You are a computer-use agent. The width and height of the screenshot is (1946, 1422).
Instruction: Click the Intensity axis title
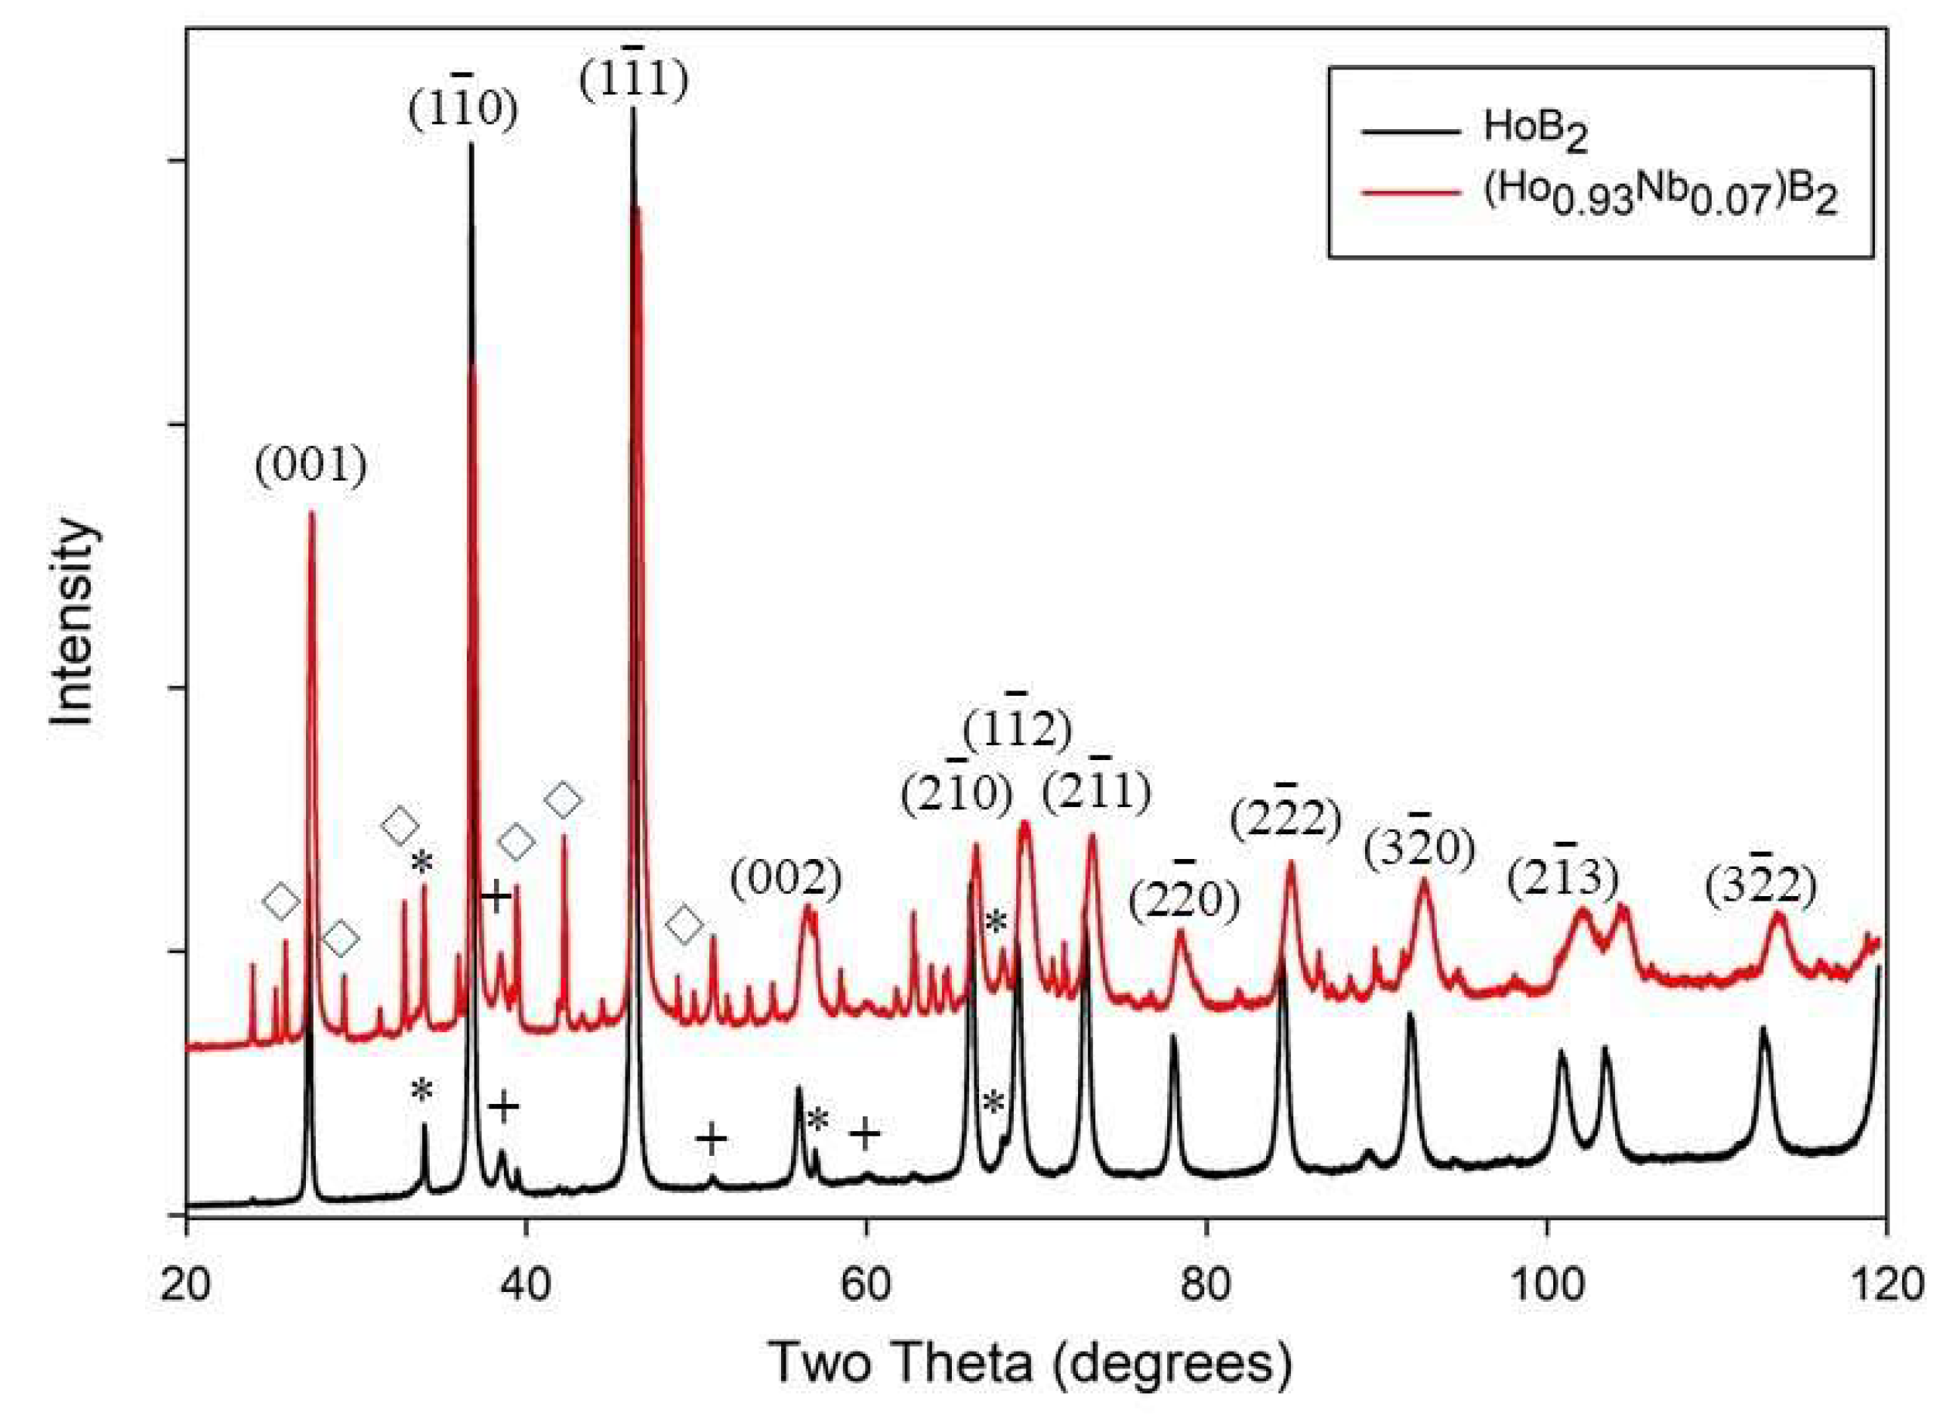73,623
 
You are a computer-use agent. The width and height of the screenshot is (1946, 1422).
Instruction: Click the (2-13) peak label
1563,877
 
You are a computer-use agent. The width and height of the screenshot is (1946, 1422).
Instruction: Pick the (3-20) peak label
1419,849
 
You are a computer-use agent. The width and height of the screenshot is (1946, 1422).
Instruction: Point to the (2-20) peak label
1185,899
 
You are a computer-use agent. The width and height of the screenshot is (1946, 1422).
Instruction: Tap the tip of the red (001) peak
311,514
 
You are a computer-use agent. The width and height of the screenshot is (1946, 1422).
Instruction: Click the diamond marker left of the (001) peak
282,901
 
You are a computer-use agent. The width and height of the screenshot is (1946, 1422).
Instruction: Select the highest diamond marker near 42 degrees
564,799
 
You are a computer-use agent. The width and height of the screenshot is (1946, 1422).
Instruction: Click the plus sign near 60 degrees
866,1134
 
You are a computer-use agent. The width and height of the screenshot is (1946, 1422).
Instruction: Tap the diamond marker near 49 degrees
685,926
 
